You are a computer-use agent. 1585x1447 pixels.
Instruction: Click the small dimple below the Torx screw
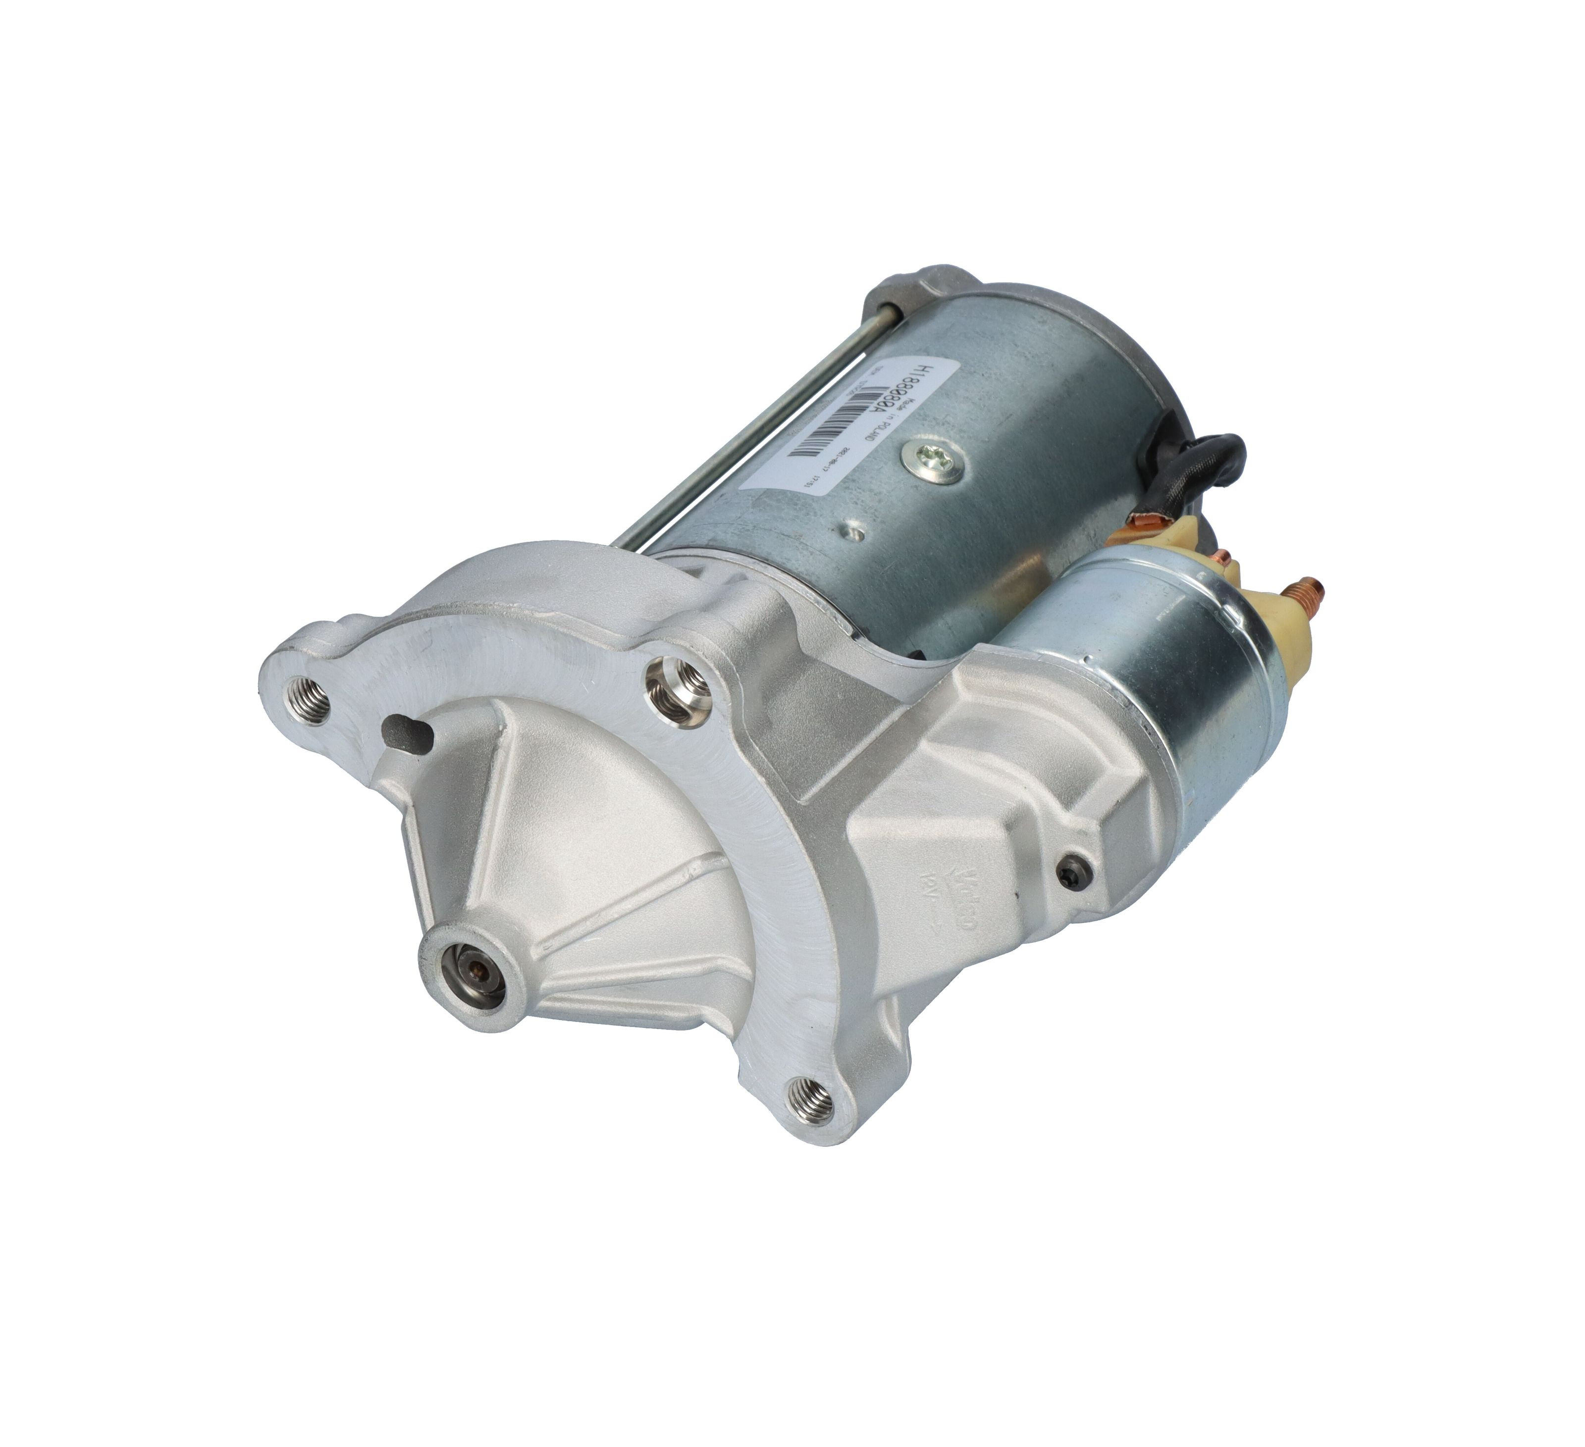[x=854, y=531]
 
